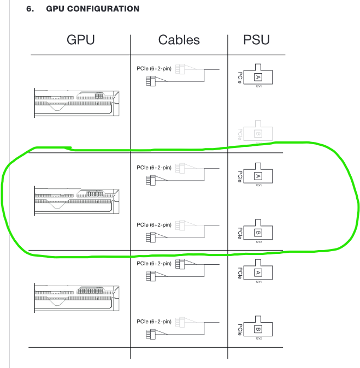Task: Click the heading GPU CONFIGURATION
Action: [92, 9]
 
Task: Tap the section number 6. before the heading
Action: [31, 9]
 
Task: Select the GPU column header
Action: [80, 40]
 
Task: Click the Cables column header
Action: [179, 40]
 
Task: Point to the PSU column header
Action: [256, 40]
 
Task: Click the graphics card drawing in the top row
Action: [76, 102]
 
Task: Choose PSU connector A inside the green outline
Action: [258, 176]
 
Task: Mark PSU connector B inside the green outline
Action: [258, 232]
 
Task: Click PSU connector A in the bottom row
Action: [258, 272]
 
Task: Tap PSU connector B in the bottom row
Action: [258, 329]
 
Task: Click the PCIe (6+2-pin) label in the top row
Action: [154, 69]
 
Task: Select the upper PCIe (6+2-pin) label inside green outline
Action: [154, 168]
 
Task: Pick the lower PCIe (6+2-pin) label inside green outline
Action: [154, 224]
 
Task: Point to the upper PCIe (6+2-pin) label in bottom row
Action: [154, 264]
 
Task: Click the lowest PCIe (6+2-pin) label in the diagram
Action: [154, 321]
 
